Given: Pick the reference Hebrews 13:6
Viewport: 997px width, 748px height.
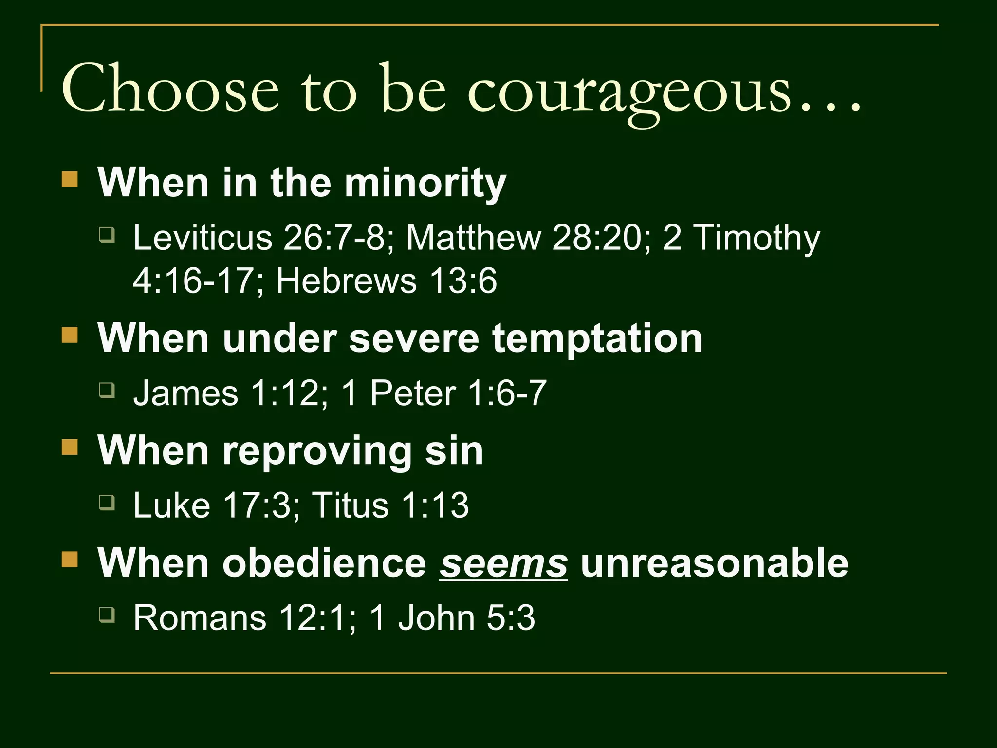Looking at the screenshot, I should coord(387,281).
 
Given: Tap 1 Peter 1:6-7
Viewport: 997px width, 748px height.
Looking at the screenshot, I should coord(443,393).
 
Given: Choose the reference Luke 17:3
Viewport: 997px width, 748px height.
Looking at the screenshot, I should coord(211,505).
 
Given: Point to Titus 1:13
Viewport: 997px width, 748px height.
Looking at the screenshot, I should coord(390,505).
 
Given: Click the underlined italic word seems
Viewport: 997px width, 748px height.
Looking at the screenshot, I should coord(503,563).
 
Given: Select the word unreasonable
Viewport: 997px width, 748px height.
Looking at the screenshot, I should coord(714,563).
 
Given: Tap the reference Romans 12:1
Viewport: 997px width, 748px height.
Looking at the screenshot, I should coord(239,617).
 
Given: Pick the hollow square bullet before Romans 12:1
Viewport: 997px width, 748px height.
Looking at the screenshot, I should coord(107,615).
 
